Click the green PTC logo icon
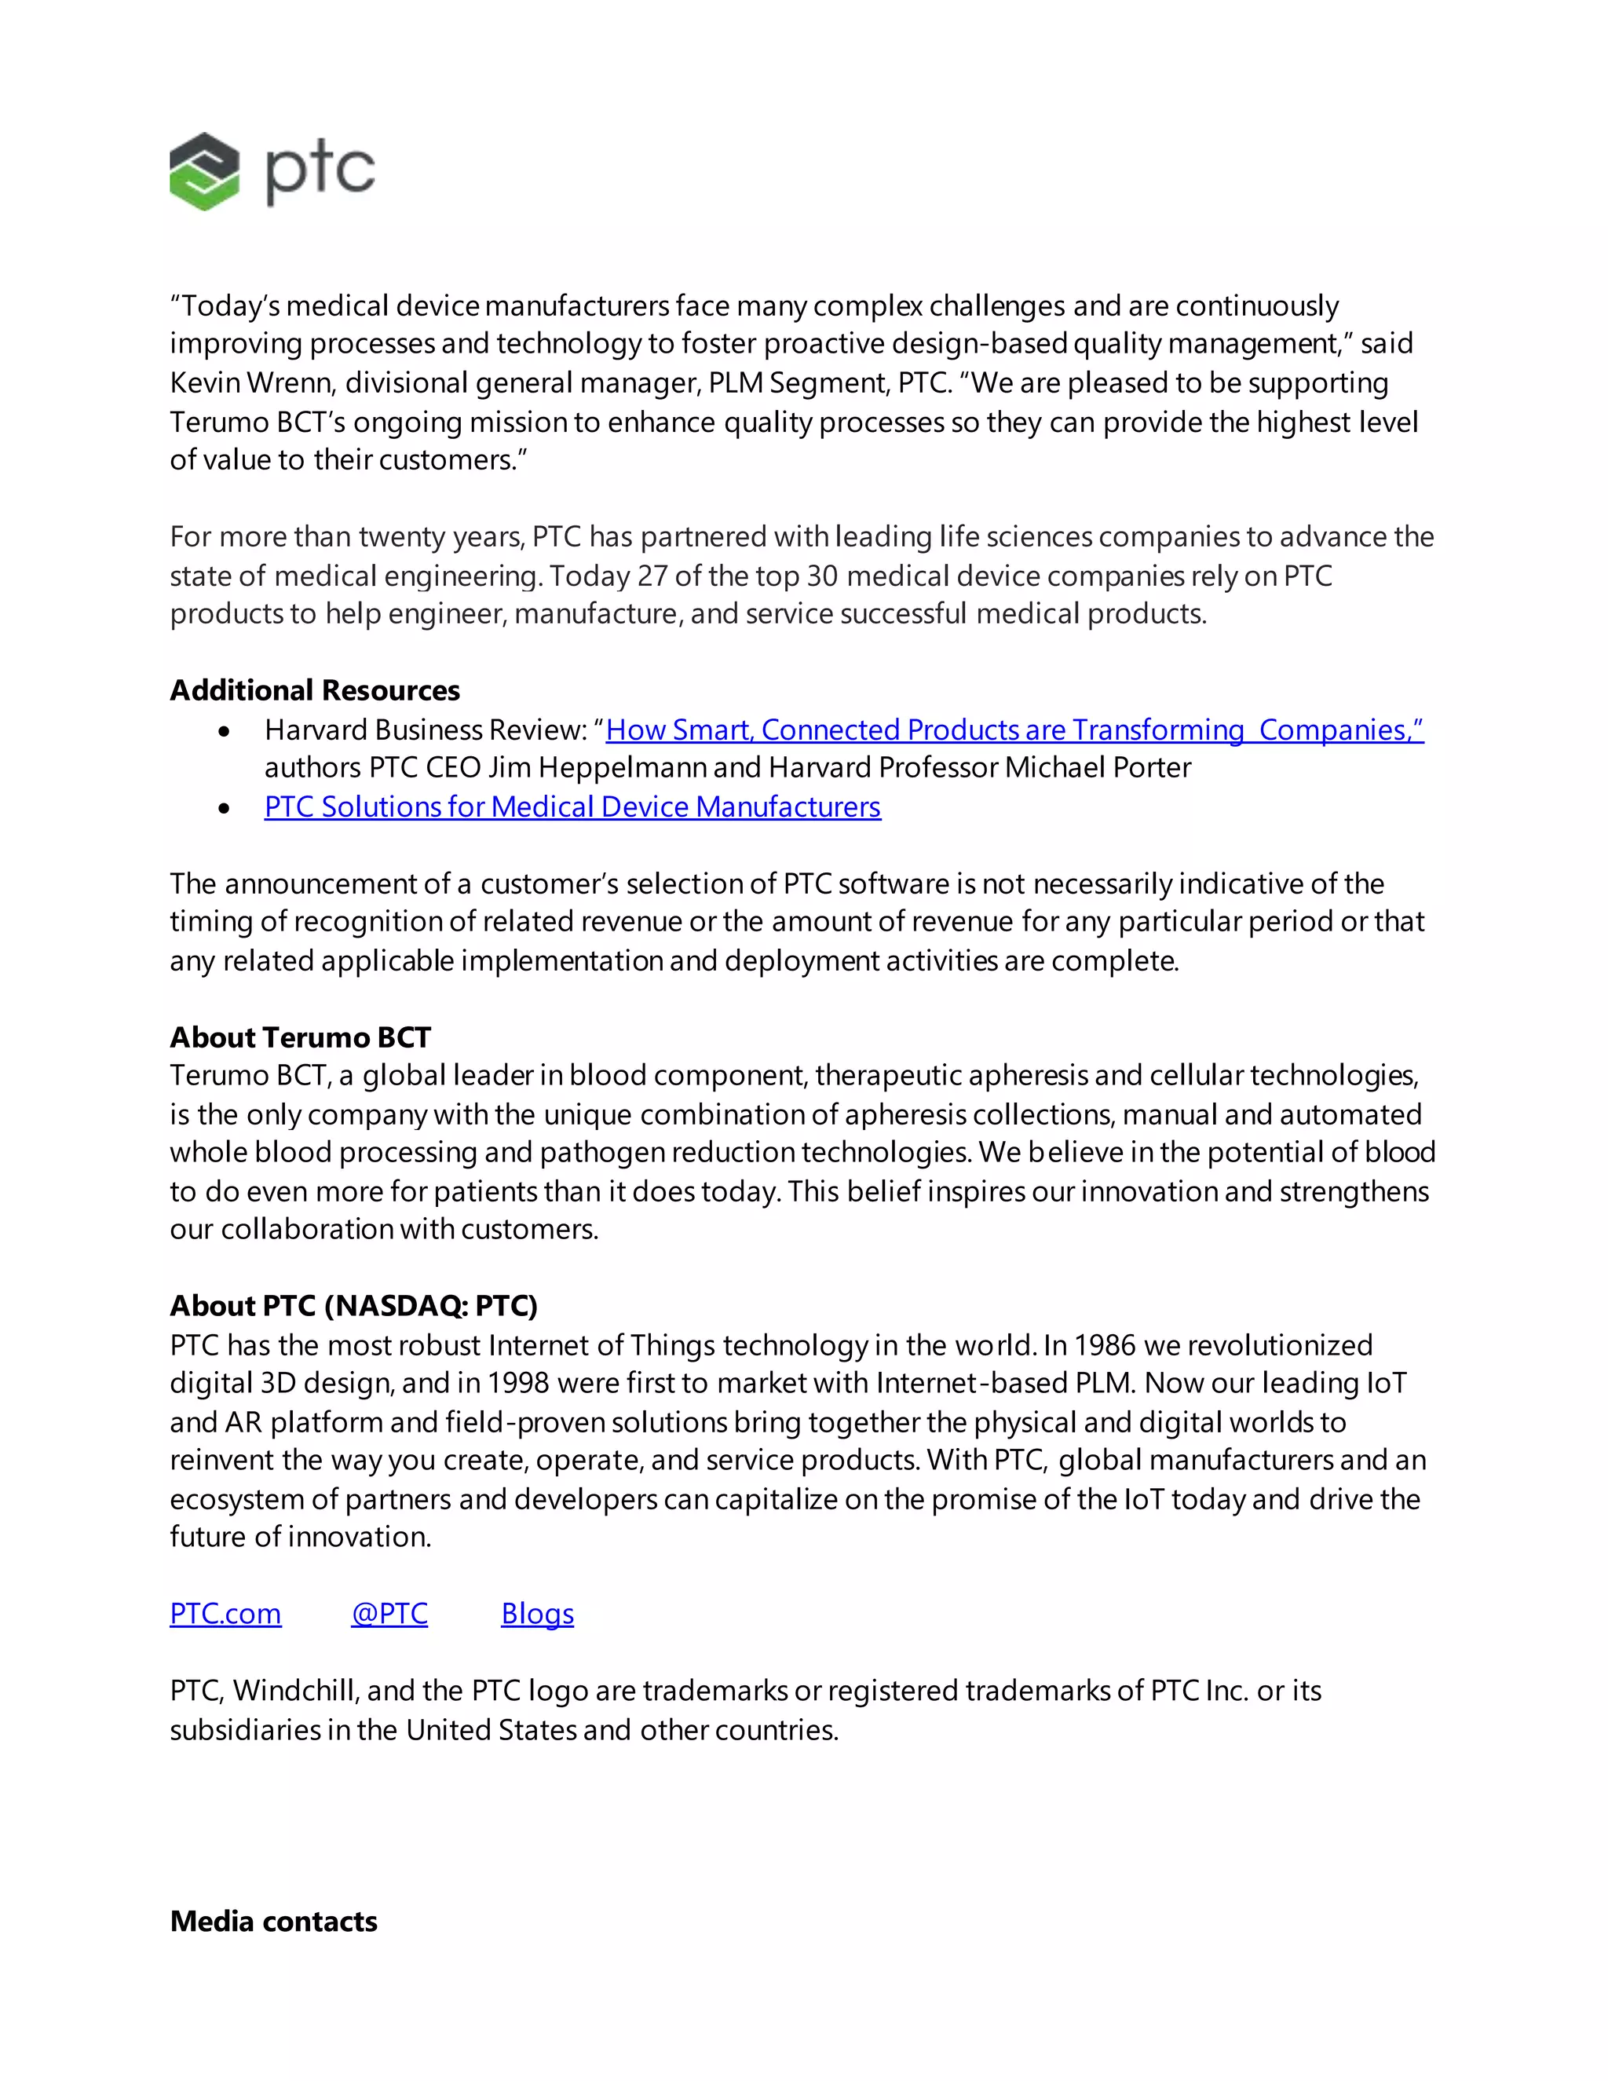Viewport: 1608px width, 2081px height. point(204,171)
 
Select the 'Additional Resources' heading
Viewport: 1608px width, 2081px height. point(314,689)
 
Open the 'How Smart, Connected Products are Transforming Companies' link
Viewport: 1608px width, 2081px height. point(1014,730)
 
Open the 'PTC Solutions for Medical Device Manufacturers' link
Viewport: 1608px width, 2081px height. point(572,807)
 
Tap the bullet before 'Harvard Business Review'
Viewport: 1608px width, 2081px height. point(224,732)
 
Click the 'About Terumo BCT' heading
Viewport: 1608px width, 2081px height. point(300,1037)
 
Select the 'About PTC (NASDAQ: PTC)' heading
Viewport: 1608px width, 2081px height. point(353,1305)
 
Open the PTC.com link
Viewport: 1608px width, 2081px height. point(226,1613)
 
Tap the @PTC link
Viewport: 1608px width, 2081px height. point(389,1613)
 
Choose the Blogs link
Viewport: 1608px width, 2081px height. point(537,1613)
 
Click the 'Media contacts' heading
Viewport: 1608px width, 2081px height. point(273,1921)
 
